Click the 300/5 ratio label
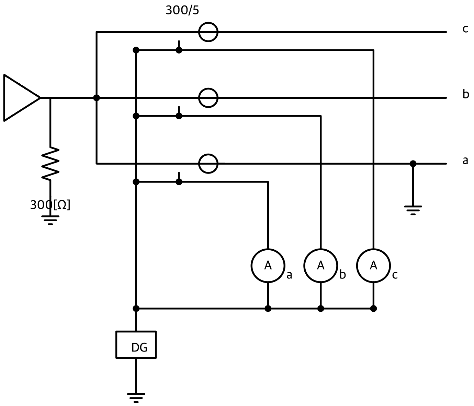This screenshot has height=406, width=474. click(182, 10)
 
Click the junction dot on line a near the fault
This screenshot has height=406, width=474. click(413, 164)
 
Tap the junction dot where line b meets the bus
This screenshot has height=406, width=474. click(97, 98)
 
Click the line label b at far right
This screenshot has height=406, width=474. click(465, 94)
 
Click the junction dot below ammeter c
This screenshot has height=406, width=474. click(373, 309)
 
